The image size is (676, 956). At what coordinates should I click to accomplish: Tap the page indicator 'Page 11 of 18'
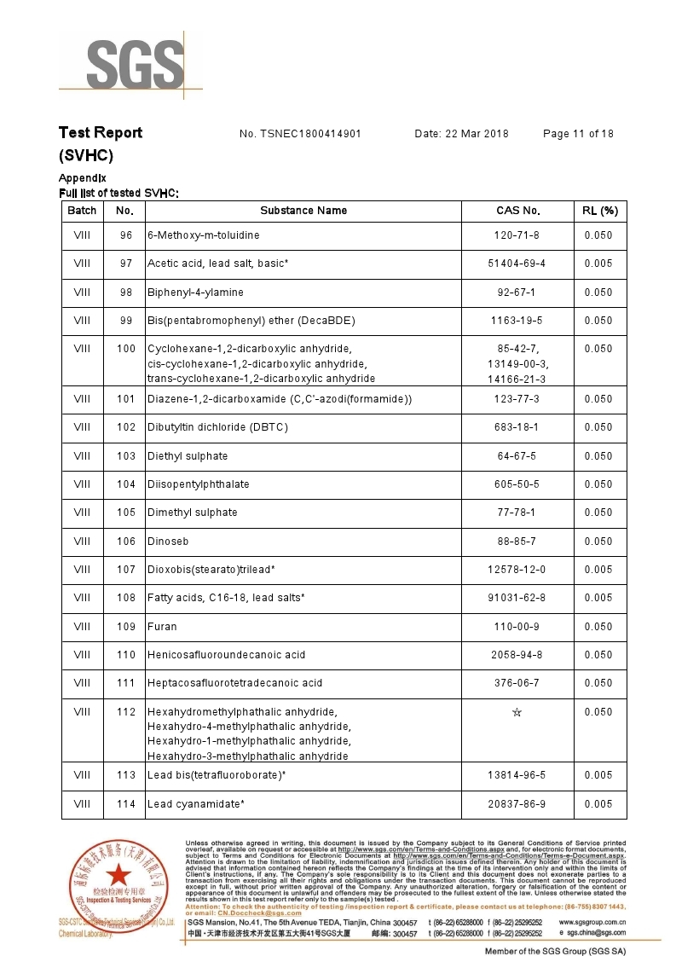578,134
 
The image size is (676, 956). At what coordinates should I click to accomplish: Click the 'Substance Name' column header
303,211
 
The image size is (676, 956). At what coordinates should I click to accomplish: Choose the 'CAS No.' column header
517,211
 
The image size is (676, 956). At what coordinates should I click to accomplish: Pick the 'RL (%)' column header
599,211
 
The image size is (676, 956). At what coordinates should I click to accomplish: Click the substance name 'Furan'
162,627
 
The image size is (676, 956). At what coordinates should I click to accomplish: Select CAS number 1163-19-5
517,321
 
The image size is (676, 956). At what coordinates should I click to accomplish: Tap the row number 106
126,542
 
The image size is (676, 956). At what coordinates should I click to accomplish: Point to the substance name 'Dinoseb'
168,542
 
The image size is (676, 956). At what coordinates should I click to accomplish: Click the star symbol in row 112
517,712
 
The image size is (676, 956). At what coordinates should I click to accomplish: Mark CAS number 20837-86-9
517,804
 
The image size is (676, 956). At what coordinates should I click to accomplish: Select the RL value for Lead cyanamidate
598,804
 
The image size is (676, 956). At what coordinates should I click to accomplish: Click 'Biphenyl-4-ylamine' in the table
195,293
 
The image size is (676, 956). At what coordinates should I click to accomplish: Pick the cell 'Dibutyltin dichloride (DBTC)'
217,427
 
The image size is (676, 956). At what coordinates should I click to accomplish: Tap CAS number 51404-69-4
517,264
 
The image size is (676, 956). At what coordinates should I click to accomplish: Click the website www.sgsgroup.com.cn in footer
592,923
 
